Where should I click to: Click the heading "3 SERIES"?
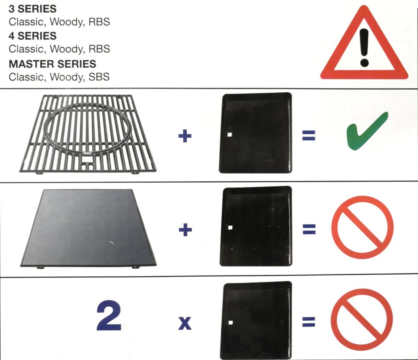[32, 8]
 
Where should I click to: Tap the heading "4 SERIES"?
[32, 36]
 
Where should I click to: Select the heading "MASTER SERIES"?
[52, 64]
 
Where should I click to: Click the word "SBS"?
[99, 77]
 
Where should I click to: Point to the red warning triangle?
[364, 49]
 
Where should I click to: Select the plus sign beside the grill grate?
[185, 136]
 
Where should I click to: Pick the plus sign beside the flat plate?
[185, 230]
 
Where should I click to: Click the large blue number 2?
[109, 317]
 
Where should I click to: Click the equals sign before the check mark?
[309, 136]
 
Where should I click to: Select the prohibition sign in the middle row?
[362, 227]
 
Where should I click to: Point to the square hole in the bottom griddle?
[230, 323]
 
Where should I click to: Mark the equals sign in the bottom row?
[309, 322]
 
